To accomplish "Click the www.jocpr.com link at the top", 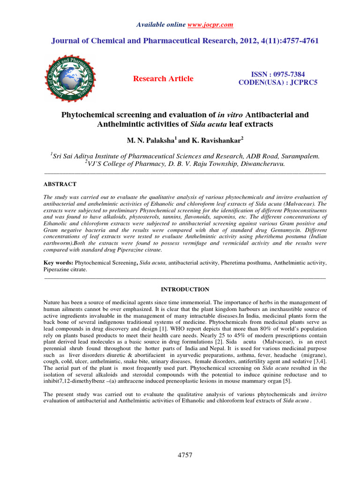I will point(211,24).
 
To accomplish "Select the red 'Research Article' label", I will point(163,79).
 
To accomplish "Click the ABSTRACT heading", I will point(60,185).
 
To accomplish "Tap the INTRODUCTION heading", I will point(185,289).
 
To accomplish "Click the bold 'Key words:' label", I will point(59,263).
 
